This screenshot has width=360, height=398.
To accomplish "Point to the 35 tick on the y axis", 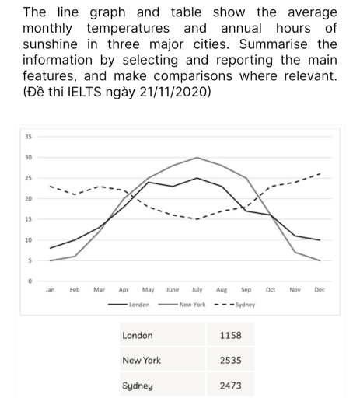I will coord(30,138).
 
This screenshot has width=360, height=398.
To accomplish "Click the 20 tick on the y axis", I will coord(30,199).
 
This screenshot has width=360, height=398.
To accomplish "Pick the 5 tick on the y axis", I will coord(30,260).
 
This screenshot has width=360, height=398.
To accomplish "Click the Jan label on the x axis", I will coord(51,289).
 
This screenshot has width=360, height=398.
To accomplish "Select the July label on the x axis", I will coord(197,289).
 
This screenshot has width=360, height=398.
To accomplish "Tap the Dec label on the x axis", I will coord(320,289).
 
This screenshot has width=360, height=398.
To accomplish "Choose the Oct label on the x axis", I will coord(271,289).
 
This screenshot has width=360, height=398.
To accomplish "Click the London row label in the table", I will coord(138,336).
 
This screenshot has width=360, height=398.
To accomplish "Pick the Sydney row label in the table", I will coord(138,386).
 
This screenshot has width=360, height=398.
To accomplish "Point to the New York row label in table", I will coord(141,361).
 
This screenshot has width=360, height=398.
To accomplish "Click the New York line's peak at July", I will coord(197,158).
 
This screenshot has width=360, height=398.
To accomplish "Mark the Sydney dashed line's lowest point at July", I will coord(197,219).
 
